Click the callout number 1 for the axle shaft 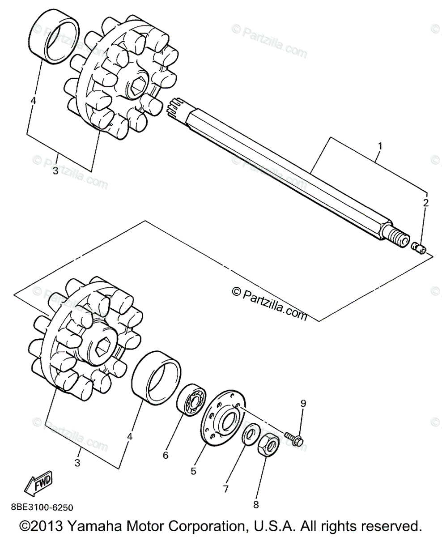click(x=380, y=146)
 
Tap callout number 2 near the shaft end click(x=426, y=203)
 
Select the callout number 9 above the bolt click(x=303, y=403)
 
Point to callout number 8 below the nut click(x=256, y=505)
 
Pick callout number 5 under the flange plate click(x=194, y=471)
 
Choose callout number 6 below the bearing click(x=166, y=455)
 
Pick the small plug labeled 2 click(x=419, y=247)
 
